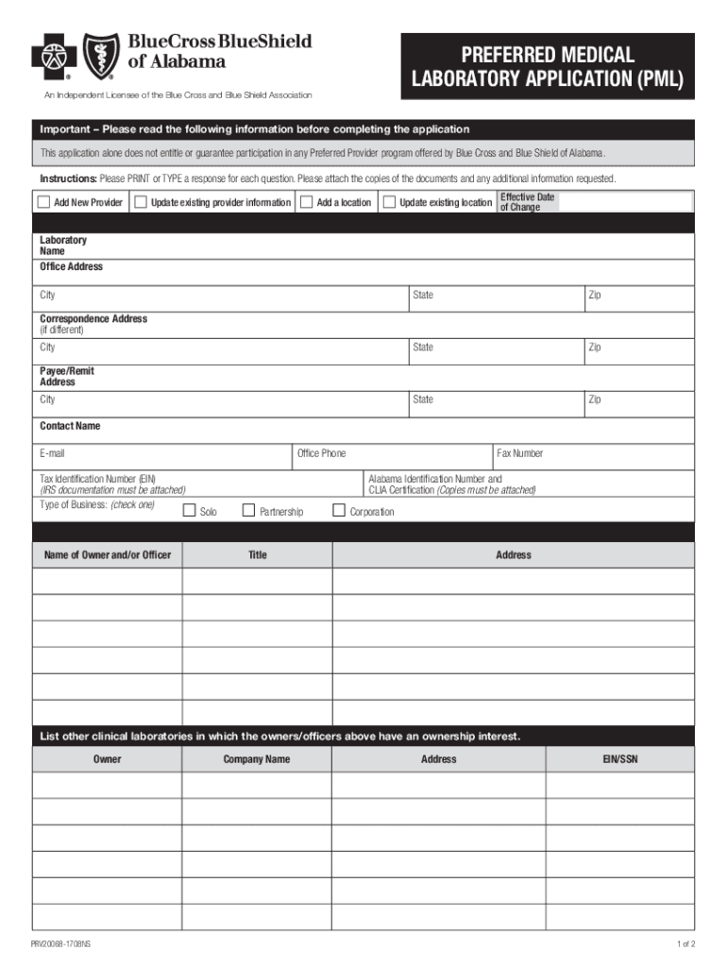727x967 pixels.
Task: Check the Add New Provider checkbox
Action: (x=43, y=202)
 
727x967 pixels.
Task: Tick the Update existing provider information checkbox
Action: (x=141, y=202)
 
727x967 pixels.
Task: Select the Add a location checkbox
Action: (x=307, y=202)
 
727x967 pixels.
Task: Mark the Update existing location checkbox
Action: (x=389, y=202)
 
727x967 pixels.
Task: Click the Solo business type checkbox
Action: (x=189, y=511)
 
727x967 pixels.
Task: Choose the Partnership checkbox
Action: (x=249, y=511)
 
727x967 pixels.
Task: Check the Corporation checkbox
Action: (x=339, y=511)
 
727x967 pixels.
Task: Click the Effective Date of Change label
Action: (x=527, y=202)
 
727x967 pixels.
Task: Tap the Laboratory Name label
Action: (x=62, y=246)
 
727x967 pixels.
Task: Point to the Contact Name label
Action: (x=70, y=426)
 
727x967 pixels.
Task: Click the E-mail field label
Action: (x=52, y=453)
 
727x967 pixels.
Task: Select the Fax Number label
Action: (x=520, y=453)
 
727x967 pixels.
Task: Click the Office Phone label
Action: (x=321, y=453)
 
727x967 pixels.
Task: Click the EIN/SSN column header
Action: (x=620, y=759)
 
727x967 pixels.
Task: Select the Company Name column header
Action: (x=257, y=759)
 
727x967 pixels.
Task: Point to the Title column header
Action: (x=257, y=555)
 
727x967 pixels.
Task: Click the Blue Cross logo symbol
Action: (x=53, y=57)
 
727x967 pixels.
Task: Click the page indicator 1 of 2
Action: (x=685, y=944)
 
